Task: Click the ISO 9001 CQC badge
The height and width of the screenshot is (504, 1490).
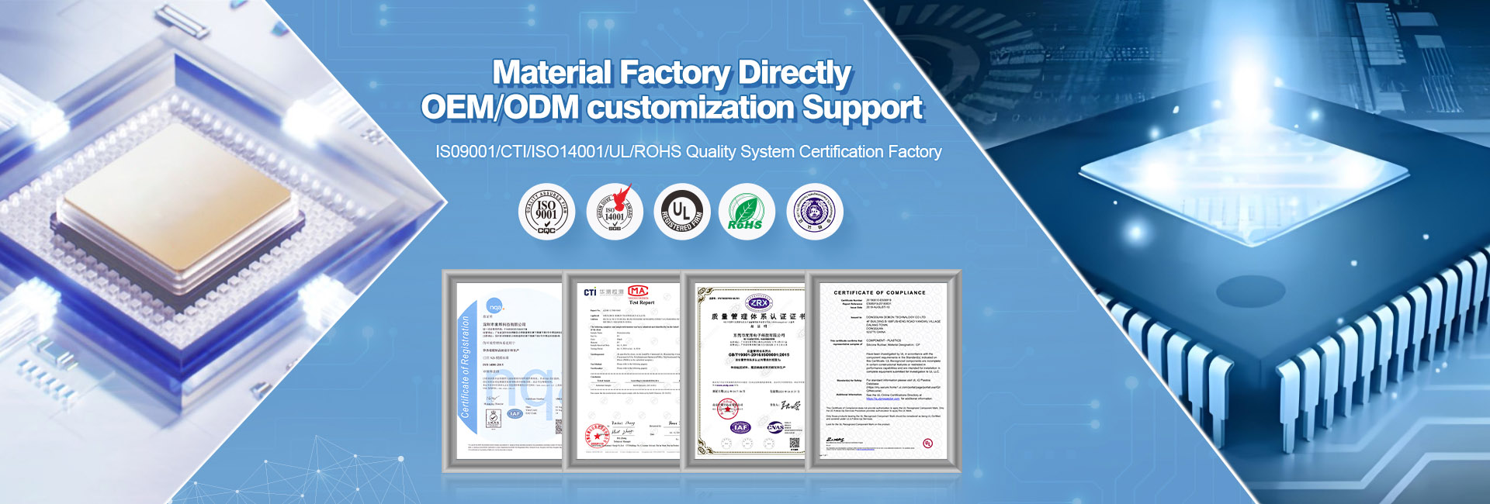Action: coord(546,212)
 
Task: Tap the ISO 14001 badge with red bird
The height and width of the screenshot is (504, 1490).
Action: coord(614,212)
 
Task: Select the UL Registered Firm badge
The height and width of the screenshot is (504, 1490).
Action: coord(681,212)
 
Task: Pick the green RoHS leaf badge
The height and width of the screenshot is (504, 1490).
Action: coord(746,212)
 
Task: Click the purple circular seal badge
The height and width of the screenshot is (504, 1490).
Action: coord(814,212)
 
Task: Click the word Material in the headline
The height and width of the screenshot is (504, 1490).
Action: coord(552,73)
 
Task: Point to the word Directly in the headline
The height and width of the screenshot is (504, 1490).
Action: coord(794,73)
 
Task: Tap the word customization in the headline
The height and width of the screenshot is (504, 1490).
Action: coord(689,108)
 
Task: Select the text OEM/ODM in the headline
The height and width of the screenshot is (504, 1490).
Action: coord(500,108)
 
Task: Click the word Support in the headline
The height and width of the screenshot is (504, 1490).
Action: coord(862,108)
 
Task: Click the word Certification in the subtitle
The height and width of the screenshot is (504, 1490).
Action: coord(841,152)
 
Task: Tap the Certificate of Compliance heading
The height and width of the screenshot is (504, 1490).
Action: coord(879,293)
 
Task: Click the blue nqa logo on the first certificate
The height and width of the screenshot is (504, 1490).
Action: coord(494,306)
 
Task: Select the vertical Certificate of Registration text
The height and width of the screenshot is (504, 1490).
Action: coord(466,367)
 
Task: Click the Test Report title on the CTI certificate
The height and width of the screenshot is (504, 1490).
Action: coord(641,302)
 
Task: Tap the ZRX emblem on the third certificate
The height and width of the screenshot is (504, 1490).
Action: coord(757,303)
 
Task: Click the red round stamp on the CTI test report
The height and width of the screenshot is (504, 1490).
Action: coord(597,437)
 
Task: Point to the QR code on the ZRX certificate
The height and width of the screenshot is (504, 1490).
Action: coord(794,444)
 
